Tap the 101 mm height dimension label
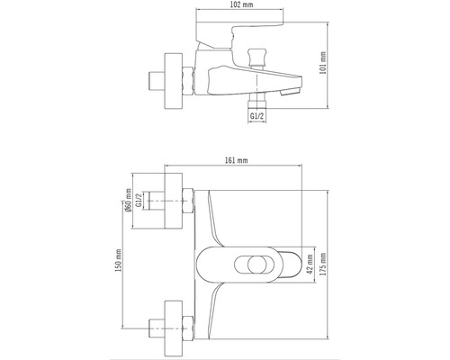[x=323, y=63]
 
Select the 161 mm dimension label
[x=237, y=160]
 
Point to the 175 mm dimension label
[x=323, y=264]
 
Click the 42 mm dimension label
[x=310, y=264]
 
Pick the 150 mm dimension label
[x=119, y=260]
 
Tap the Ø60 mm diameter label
[x=129, y=200]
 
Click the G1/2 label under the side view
[x=256, y=116]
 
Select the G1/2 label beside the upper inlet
[x=139, y=200]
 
